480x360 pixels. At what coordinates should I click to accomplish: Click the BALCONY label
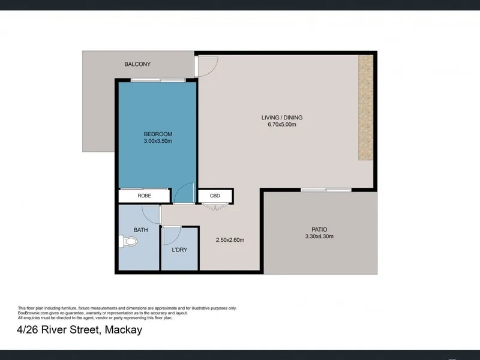click(137, 64)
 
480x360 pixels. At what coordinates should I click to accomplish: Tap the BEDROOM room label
click(158, 134)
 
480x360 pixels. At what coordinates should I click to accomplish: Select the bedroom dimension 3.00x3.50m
click(158, 141)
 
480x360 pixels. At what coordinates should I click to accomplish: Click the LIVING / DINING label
click(282, 118)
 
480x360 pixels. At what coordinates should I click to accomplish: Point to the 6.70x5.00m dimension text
click(282, 125)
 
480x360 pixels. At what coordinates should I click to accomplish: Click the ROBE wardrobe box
click(144, 196)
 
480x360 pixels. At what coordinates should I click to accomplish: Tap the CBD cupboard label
click(215, 196)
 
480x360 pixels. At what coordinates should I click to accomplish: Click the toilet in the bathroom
click(128, 242)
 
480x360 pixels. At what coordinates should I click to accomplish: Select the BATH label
click(141, 230)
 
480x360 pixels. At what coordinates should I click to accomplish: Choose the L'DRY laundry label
click(179, 250)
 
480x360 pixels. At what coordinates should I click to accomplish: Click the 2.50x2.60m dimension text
click(230, 240)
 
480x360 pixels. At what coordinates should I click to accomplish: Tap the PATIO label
click(319, 229)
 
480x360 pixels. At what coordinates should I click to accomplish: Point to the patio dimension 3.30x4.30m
click(319, 236)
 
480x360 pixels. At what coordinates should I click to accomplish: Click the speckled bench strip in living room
click(366, 107)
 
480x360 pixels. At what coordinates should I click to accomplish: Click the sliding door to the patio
click(326, 190)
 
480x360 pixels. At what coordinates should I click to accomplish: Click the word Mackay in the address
click(124, 330)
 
